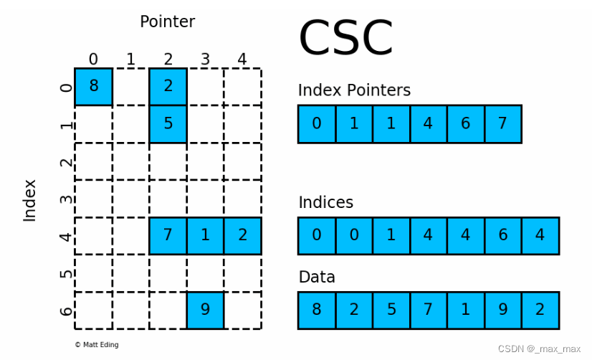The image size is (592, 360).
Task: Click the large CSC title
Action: (345, 39)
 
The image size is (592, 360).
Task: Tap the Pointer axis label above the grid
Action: (167, 22)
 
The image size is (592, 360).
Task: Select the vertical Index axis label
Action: (30, 200)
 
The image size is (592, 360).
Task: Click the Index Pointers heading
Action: (354, 90)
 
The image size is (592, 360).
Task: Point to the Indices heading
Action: (325, 202)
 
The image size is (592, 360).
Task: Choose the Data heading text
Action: (316, 277)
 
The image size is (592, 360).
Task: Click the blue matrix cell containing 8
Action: (93, 87)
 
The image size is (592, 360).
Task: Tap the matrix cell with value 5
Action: (168, 123)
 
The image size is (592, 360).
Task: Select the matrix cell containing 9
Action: (205, 310)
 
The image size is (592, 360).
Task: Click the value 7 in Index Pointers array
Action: (502, 124)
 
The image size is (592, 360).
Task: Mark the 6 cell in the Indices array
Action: (502, 236)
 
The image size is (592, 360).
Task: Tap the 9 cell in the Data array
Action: (502, 311)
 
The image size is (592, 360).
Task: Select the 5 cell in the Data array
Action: (391, 311)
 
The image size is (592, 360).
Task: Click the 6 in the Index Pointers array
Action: (465, 124)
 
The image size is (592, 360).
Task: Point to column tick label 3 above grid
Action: (205, 59)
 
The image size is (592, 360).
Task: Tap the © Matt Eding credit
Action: (96, 345)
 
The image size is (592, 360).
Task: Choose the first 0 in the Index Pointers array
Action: (317, 124)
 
